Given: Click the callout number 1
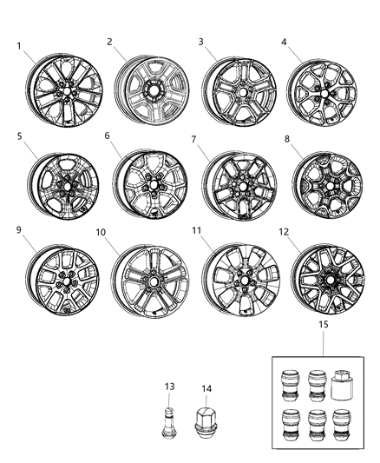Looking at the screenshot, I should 19,46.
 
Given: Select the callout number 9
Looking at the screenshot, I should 19,230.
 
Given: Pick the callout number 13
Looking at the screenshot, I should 168,387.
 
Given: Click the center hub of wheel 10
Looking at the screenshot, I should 153,282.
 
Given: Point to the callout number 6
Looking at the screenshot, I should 107,136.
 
